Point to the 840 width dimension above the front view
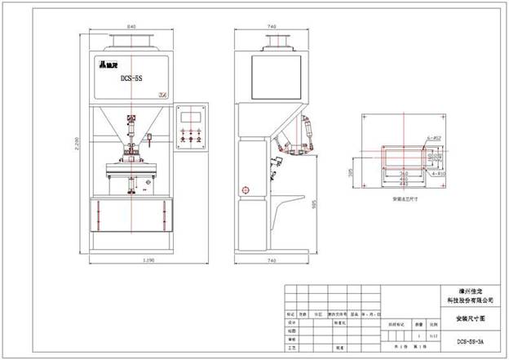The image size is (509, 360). coord(132,26)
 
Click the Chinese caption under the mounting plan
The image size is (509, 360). coord(406,198)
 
